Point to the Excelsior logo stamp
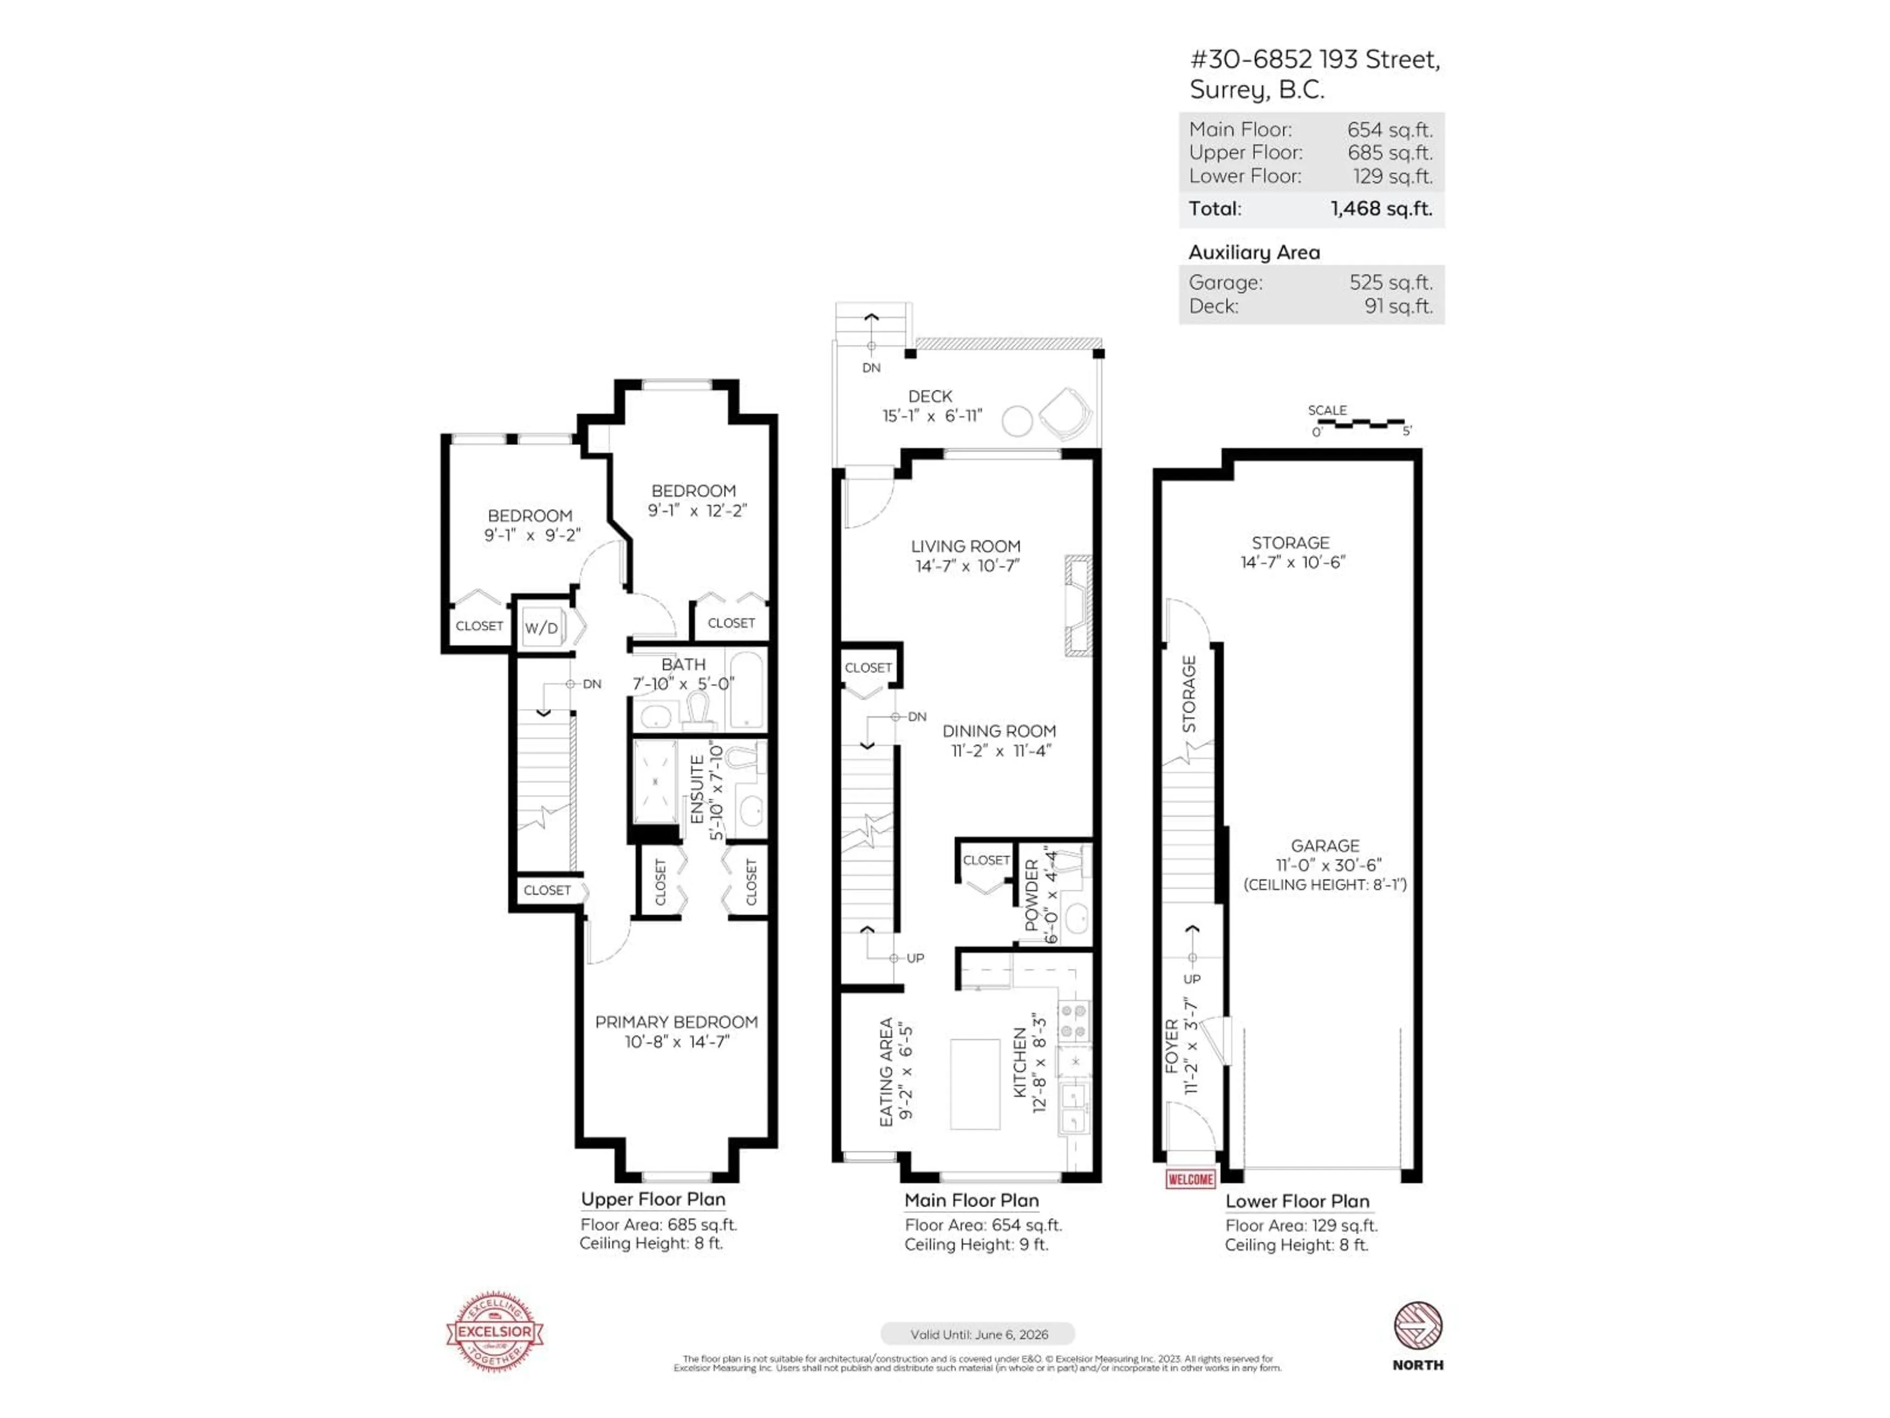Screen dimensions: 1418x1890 [495, 1331]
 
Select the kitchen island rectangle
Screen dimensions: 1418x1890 [975, 1084]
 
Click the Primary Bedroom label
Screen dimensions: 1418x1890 [676, 1022]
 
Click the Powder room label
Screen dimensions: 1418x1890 [1031, 896]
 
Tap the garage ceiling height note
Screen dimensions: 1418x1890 [1324, 885]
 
